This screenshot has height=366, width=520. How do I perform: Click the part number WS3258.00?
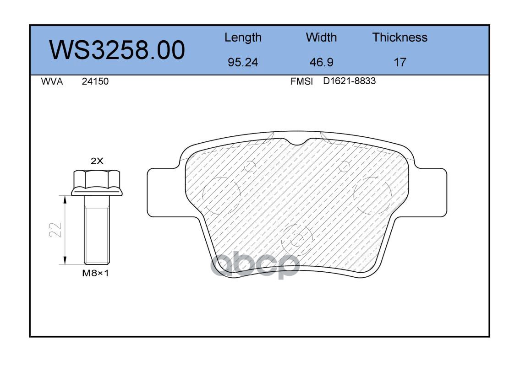(x=117, y=50)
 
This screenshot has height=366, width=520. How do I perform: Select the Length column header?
(x=243, y=38)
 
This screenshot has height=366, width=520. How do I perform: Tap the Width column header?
(x=321, y=37)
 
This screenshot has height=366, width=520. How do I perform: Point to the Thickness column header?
(x=400, y=37)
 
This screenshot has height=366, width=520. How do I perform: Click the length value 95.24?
(x=243, y=62)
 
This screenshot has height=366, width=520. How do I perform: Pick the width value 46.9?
(x=321, y=62)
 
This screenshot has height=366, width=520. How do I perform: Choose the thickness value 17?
(x=400, y=62)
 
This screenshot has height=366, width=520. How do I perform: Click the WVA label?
(x=52, y=81)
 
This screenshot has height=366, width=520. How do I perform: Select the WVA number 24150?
(x=95, y=81)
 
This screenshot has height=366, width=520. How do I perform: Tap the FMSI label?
(x=301, y=81)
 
